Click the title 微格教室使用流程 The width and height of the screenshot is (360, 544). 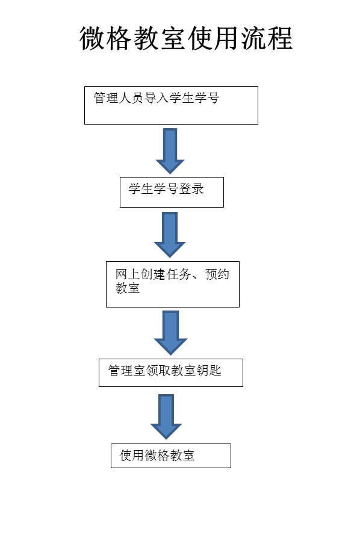click(186, 38)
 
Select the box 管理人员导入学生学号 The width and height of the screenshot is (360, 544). click(171, 105)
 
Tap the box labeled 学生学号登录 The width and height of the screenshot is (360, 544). click(172, 192)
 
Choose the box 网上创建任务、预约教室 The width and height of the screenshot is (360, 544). click(173, 284)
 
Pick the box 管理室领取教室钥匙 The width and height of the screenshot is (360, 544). click(171, 372)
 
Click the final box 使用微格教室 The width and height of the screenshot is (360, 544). click(171, 456)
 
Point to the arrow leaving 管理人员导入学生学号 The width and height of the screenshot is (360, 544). click(170, 151)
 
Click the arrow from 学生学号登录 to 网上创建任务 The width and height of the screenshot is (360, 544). click(170, 235)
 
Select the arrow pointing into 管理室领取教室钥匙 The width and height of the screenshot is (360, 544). click(170, 333)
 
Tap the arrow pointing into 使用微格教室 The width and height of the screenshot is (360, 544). click(166, 416)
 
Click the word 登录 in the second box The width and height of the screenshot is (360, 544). click(191, 189)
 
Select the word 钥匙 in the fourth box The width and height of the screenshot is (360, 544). click(209, 370)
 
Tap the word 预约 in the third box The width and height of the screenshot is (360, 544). click(217, 274)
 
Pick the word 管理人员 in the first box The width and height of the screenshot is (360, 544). click(119, 97)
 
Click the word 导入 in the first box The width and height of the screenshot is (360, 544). click(156, 97)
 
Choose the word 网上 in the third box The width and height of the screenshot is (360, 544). click(128, 274)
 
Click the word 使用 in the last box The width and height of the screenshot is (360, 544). click(132, 455)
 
